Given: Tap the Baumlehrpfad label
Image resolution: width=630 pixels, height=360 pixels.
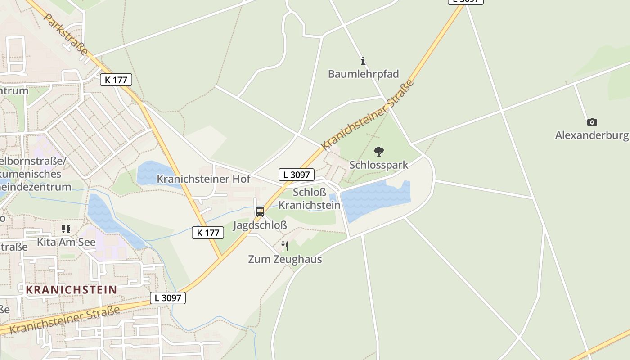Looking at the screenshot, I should (363, 74).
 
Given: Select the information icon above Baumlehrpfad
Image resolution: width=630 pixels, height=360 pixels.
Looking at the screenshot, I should (363, 61).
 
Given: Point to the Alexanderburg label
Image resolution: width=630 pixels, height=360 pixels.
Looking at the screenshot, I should (591, 135).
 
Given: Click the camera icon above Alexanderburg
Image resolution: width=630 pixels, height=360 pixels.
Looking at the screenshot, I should (592, 122).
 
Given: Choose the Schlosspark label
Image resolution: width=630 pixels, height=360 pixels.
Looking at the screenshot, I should (379, 165).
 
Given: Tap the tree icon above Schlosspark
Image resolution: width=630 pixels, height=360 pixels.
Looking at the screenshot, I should (379, 152).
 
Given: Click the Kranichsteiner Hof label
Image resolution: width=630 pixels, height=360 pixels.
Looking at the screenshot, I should (203, 179).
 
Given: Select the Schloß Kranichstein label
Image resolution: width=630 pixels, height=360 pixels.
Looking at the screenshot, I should (309, 198).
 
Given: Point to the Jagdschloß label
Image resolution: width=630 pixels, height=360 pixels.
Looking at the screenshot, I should (260, 225).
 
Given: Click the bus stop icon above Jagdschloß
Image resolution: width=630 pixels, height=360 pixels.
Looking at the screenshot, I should (260, 211).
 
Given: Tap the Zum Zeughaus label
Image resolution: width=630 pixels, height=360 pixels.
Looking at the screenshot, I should (285, 259).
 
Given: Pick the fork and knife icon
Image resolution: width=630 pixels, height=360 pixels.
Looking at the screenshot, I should (284, 246).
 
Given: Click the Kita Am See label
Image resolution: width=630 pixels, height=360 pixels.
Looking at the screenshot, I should (66, 242).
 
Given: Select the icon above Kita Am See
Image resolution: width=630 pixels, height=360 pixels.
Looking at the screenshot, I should (66, 229).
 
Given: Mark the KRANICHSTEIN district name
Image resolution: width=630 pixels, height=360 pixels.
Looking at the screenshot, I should (71, 289).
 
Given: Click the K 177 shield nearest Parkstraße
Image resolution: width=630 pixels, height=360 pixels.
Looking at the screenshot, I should (116, 80).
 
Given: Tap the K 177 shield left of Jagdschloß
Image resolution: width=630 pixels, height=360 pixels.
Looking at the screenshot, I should (208, 233).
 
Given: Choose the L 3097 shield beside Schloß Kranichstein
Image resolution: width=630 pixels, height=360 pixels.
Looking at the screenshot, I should (296, 175).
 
